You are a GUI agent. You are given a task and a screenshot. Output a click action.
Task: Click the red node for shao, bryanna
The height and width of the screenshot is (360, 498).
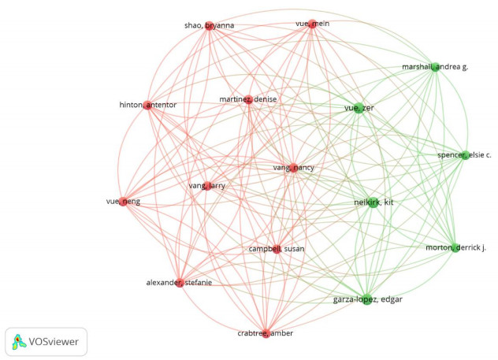point(210,27)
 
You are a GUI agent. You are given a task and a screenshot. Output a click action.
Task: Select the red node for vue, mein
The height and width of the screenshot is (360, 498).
point(313,24)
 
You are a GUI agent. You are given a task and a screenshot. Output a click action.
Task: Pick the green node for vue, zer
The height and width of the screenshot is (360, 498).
point(359,108)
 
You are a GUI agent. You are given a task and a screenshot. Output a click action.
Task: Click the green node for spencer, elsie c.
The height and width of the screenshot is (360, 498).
point(465,155)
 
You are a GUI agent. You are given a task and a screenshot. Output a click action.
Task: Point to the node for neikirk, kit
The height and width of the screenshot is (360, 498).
point(373,203)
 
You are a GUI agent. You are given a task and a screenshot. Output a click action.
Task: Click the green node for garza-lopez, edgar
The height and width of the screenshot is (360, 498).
point(367,298)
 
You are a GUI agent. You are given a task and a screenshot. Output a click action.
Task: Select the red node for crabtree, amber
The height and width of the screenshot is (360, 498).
point(266,332)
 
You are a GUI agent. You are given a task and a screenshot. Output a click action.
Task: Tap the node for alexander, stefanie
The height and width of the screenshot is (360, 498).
point(180,283)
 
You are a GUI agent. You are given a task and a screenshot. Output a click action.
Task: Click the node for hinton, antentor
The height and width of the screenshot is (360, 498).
point(147,105)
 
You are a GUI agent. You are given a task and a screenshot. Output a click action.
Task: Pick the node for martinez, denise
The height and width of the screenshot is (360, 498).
point(249,99)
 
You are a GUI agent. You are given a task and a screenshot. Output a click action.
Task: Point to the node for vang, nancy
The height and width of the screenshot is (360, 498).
point(292,168)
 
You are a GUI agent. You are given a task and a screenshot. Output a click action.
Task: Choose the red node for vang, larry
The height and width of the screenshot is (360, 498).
point(208,186)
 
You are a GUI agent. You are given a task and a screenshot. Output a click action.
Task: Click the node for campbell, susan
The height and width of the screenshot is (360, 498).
point(276,250)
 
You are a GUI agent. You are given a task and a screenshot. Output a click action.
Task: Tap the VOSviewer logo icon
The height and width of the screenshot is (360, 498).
point(19,341)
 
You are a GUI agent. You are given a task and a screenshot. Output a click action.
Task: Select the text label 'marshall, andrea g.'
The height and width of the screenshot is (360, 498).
point(435,67)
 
